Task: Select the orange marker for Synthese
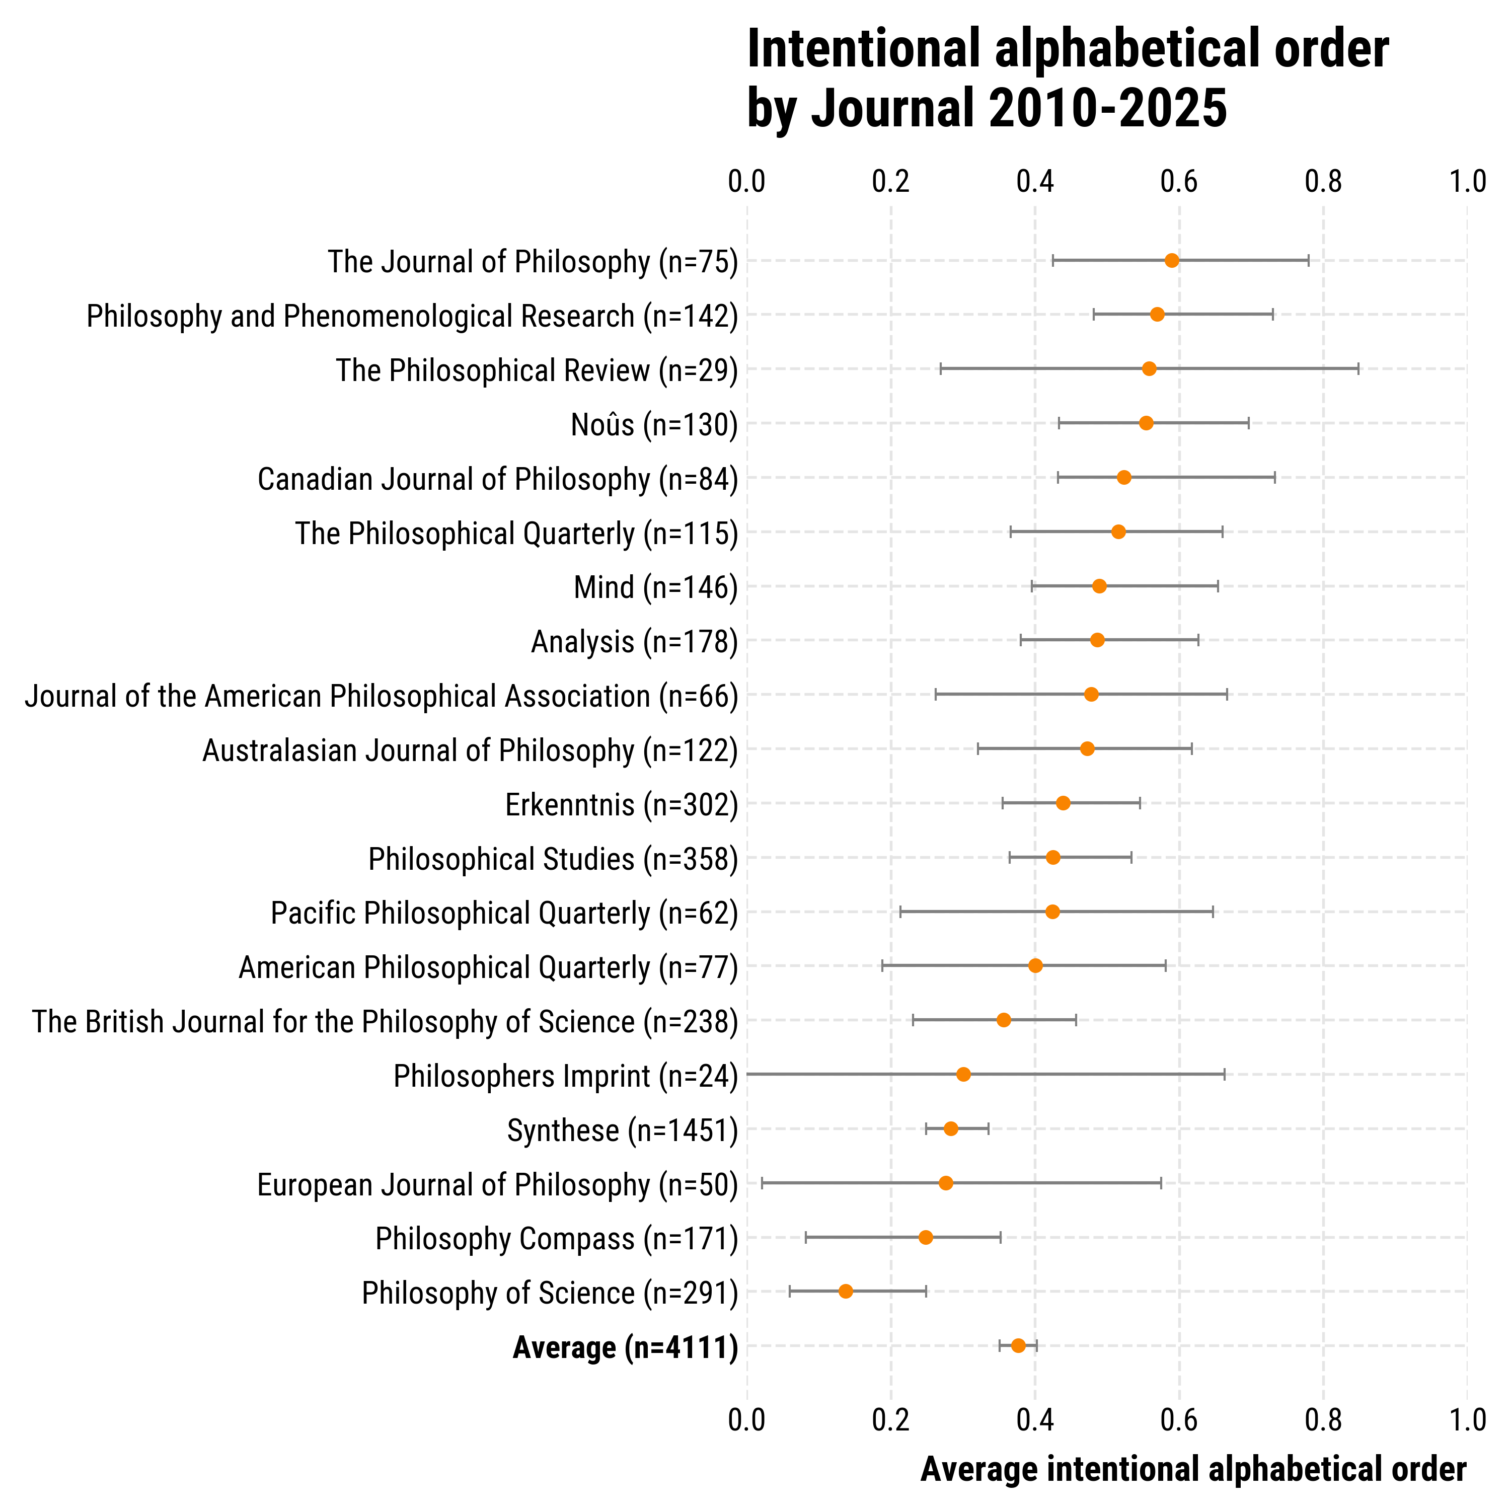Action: [950, 1128]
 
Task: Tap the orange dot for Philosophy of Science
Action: [846, 1291]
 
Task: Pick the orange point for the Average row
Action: [1018, 1345]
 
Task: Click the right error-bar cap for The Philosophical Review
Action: [1358, 369]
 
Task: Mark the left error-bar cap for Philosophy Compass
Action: [806, 1237]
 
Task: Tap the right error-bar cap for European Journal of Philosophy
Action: [1161, 1182]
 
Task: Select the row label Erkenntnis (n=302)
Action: [621, 805]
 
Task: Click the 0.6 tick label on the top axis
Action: [1179, 181]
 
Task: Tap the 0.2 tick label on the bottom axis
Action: [891, 1419]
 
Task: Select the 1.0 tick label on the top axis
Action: [1468, 181]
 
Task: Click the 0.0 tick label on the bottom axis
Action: [747, 1419]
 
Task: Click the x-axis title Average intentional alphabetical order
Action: [1193, 1469]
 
